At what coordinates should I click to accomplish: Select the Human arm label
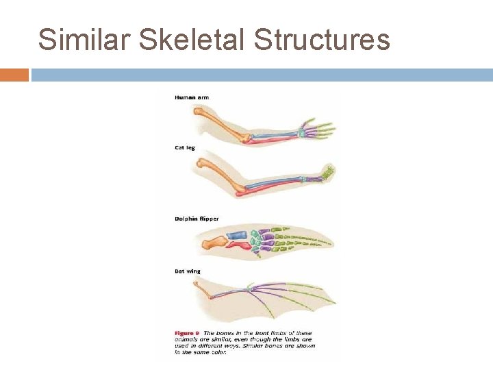192,97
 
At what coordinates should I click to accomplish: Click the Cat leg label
185,147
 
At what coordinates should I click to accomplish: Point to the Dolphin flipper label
197,219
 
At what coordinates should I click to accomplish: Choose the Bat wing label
188,271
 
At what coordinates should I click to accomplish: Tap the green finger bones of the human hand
322,129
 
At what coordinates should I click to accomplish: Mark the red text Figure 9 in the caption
186,334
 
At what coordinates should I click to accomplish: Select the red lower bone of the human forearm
274,140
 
